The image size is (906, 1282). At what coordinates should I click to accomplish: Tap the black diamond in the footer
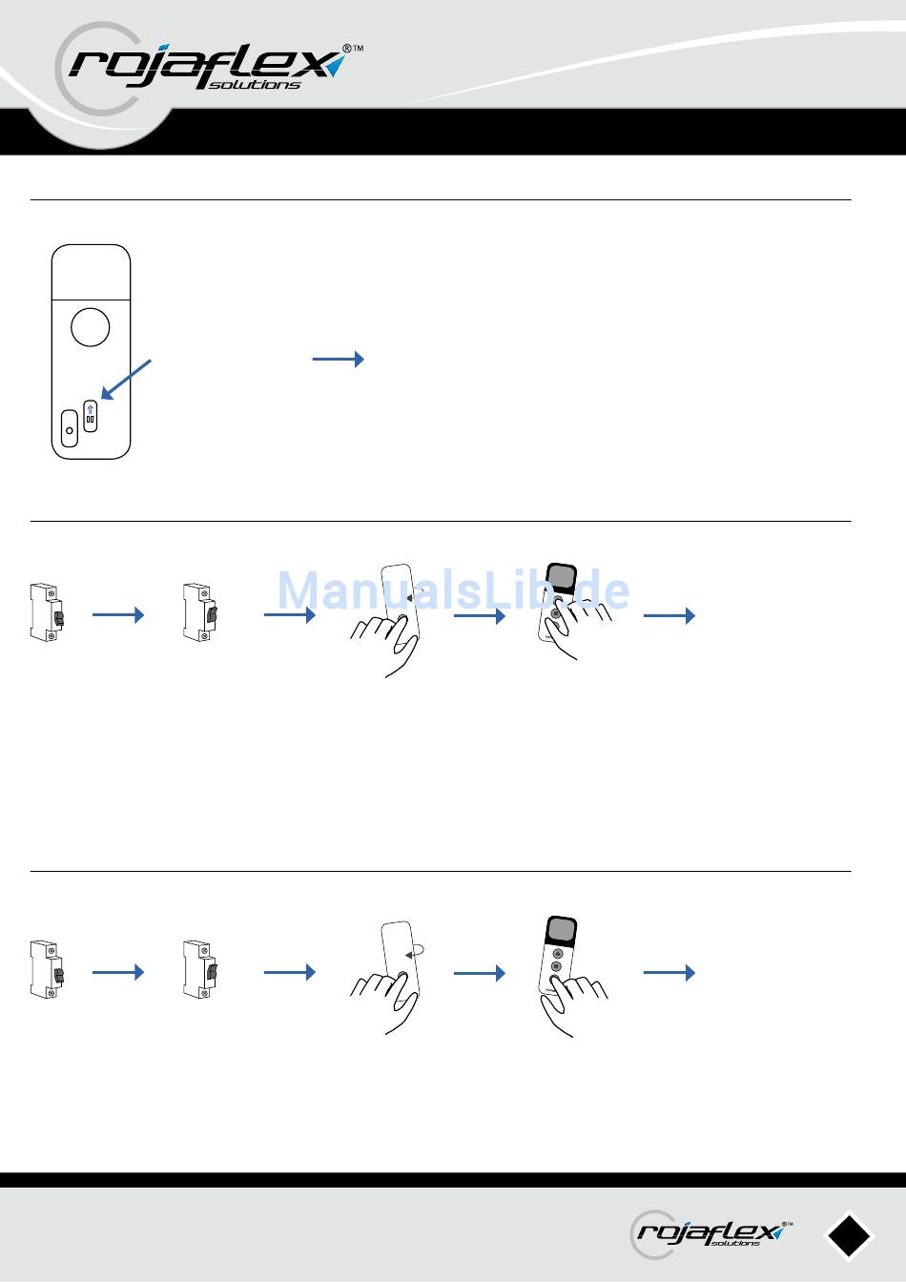(x=850, y=1235)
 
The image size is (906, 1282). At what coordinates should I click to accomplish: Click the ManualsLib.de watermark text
(x=453, y=590)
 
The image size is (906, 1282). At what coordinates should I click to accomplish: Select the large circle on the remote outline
(x=90, y=327)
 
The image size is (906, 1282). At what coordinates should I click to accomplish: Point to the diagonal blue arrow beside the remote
(x=126, y=379)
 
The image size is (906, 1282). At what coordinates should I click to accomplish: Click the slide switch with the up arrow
(x=90, y=416)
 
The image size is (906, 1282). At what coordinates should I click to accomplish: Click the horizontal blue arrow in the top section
(x=339, y=360)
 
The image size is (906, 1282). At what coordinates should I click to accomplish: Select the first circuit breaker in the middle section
(x=47, y=612)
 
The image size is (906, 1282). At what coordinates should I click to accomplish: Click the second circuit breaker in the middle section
(x=199, y=612)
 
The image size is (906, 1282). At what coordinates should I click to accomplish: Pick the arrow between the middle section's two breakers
(x=118, y=615)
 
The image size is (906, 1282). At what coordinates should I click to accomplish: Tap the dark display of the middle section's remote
(x=562, y=577)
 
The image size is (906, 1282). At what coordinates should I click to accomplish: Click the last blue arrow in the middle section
(x=669, y=616)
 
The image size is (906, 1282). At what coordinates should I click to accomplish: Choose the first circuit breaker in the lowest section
(x=47, y=969)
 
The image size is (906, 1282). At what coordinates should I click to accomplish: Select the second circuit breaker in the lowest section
(x=199, y=969)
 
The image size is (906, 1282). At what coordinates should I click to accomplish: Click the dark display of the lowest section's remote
(x=562, y=931)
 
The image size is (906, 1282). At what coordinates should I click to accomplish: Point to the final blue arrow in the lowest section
(x=669, y=972)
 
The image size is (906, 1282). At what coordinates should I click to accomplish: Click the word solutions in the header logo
(x=254, y=85)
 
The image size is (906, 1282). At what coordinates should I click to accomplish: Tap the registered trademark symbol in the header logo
(x=347, y=49)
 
